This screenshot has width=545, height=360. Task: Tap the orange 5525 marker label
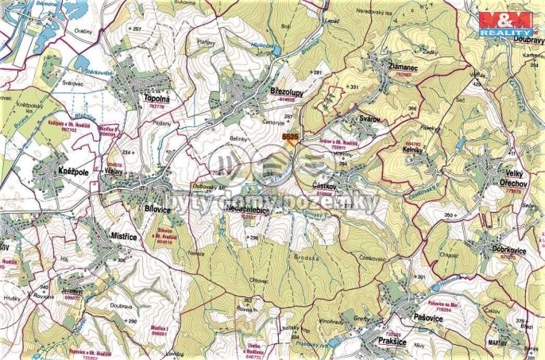tap(290, 137)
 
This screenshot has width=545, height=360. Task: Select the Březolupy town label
tap(288, 92)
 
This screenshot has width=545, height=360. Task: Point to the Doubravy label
tap(517, 38)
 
